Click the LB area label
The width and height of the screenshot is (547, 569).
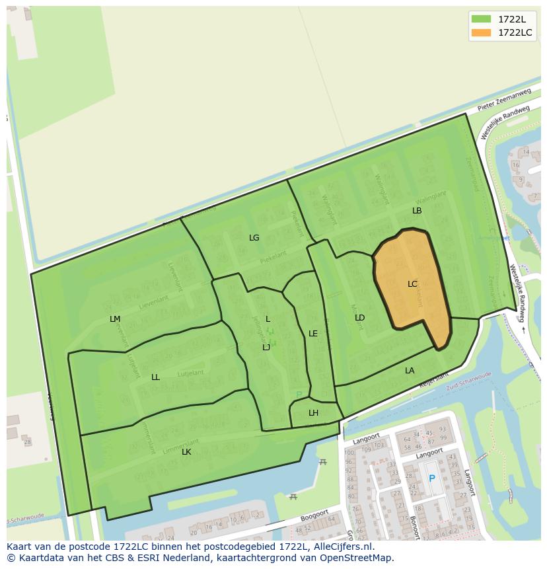coord(417,211)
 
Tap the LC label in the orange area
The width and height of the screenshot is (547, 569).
coord(412,284)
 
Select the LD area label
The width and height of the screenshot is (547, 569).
coord(359,318)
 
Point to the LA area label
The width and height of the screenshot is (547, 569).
coord(410,371)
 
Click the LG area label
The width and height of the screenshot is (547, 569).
coord(254,238)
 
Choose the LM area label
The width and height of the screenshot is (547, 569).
coord(115,319)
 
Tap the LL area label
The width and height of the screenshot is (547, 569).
coord(155,377)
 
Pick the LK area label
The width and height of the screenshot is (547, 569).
coord(186,452)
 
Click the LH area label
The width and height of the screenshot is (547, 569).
coord(313,413)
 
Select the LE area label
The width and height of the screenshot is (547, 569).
coord(313,334)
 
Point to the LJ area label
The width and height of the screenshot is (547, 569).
coord(266,348)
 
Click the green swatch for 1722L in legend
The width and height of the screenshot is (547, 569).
coord(482,19)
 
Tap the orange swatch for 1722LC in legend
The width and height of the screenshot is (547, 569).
coord(482,32)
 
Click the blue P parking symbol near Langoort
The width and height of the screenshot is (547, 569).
coord(432,478)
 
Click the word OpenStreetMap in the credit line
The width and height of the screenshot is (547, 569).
coord(355,558)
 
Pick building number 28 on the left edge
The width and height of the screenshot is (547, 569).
coord(26,441)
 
